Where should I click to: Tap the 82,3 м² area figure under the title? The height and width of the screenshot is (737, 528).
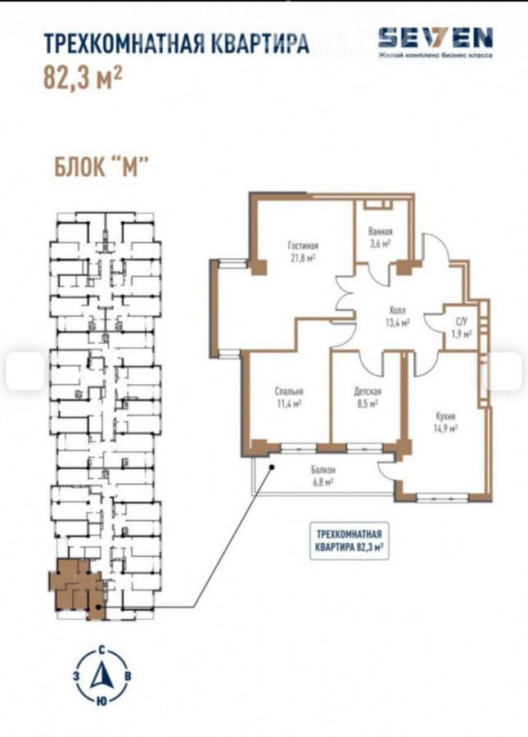83,78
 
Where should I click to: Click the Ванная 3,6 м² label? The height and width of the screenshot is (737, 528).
380,237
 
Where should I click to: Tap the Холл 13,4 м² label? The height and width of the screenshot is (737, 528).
397,316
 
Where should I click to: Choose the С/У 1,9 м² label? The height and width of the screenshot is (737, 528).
461,327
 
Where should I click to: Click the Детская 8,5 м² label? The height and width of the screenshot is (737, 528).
368,396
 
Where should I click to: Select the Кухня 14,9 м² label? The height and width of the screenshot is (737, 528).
445,422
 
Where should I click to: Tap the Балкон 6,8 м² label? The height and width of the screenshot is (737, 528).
323,475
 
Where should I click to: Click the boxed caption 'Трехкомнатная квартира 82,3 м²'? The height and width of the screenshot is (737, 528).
349,540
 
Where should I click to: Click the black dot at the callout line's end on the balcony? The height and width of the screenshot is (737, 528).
272,467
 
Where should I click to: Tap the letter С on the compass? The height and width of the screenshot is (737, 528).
102,651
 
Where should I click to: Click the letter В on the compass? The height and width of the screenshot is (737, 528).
129,676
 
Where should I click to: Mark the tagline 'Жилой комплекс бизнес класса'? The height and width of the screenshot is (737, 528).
435,56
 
